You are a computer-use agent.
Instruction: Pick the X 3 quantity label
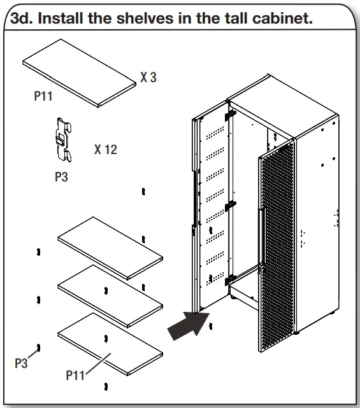(148, 78)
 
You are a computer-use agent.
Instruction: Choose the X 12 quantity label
(105, 150)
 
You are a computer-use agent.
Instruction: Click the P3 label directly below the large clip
(61, 178)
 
